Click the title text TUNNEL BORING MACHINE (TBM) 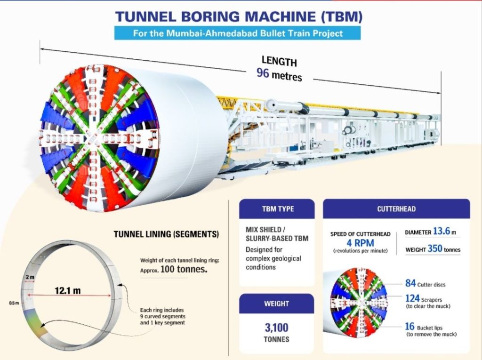pyautogui.click(x=239, y=16)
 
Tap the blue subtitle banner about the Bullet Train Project pyautogui.click(x=237, y=33)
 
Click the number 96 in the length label pyautogui.click(x=263, y=73)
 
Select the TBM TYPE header pyautogui.click(x=277, y=209)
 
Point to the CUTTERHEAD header pyautogui.click(x=396, y=209)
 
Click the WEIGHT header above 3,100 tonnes pyautogui.click(x=276, y=304)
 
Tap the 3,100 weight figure pyautogui.click(x=277, y=328)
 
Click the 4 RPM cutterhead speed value pyautogui.click(x=360, y=243)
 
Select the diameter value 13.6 pyautogui.click(x=442, y=231)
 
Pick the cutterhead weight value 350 pyautogui.click(x=434, y=248)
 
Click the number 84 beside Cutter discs pyautogui.click(x=410, y=283)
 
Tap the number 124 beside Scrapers pyautogui.click(x=412, y=298)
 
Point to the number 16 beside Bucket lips pyautogui.click(x=410, y=326)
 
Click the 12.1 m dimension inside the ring pyautogui.click(x=68, y=290)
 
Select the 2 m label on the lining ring pyautogui.click(x=30, y=277)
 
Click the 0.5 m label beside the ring pyautogui.click(x=14, y=303)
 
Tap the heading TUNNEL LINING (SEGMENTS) pyautogui.click(x=166, y=234)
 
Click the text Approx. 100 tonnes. pyautogui.click(x=174, y=269)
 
